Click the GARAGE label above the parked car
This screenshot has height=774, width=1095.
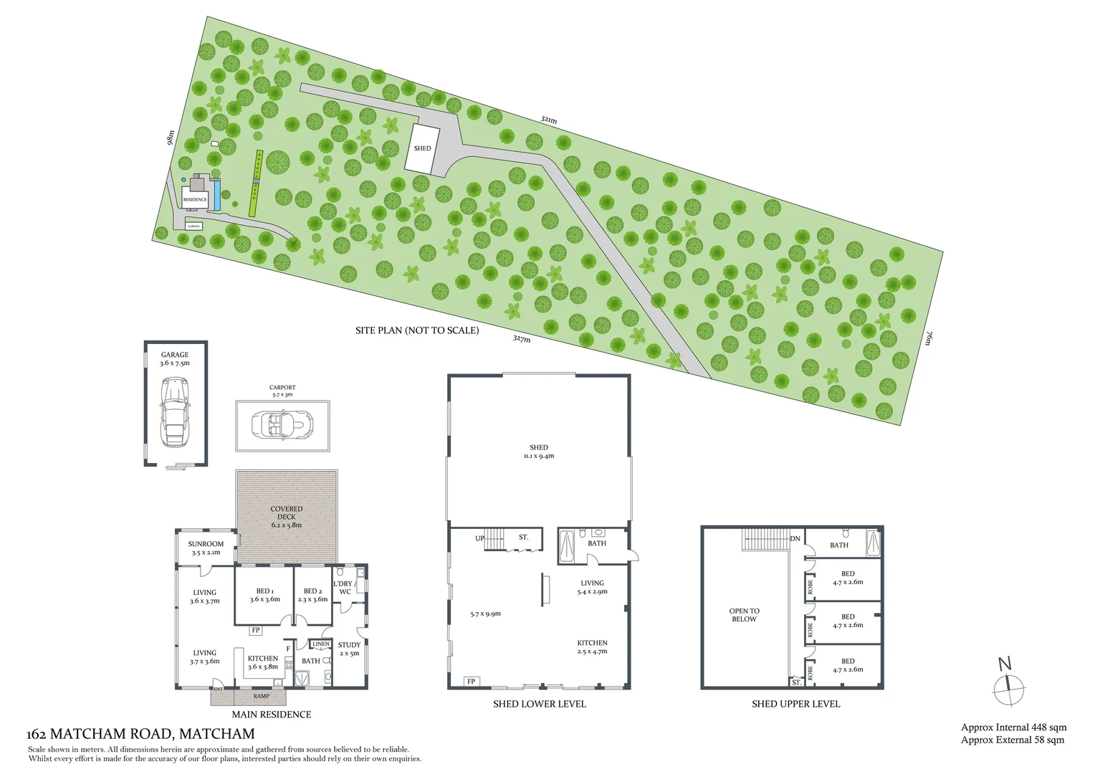click(175, 355)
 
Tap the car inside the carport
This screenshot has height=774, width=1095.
click(282, 424)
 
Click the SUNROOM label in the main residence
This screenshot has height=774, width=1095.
click(206, 545)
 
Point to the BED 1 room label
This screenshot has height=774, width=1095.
click(264, 591)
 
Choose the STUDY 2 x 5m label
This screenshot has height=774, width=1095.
click(349, 649)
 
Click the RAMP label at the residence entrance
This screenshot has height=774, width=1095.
click(262, 696)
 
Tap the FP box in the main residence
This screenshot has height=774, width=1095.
click(256, 631)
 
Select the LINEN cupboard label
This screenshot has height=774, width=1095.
click(321, 644)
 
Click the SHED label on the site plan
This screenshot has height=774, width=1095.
click(422, 148)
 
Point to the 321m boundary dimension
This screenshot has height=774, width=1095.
click(549, 120)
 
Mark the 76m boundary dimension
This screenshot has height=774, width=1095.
click(927, 338)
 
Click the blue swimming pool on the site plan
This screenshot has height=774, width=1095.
click(216, 191)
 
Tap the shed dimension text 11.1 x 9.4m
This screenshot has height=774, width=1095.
click(539, 456)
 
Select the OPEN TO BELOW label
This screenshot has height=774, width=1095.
click(744, 615)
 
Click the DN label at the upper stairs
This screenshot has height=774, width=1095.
click(795, 539)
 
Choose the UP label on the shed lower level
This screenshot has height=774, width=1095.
click(479, 538)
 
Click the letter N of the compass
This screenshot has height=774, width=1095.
click(1005, 664)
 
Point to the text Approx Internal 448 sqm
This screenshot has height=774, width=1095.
click(1013, 727)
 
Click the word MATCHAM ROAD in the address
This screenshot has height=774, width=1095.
click(111, 734)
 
